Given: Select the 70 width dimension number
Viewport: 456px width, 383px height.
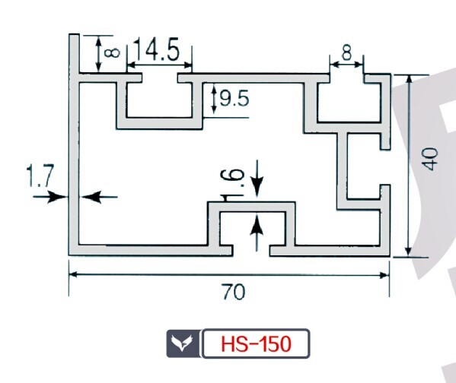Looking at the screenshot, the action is pyautogui.click(x=234, y=292).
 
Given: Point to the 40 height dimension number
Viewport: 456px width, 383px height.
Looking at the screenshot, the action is pyautogui.click(x=430, y=159).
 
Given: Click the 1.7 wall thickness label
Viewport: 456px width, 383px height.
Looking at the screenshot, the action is pyautogui.click(x=40, y=176).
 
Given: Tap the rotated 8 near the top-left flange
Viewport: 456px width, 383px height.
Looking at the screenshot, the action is pyautogui.click(x=112, y=52).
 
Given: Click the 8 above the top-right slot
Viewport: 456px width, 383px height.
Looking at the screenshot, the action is pyautogui.click(x=346, y=53).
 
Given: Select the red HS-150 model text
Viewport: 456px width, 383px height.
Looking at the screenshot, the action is pyautogui.click(x=256, y=343).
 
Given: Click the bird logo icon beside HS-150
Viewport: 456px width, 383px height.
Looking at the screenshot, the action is pyautogui.click(x=182, y=343).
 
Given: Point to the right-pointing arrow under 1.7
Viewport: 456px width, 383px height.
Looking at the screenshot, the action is pyautogui.click(x=49, y=197).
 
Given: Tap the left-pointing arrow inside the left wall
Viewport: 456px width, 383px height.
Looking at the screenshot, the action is pyautogui.click(x=99, y=197).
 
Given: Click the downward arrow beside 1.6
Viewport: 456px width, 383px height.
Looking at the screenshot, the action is pyautogui.click(x=257, y=179).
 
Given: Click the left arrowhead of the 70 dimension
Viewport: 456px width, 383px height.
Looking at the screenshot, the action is pyautogui.click(x=75, y=274).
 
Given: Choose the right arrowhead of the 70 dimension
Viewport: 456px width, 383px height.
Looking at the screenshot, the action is pyautogui.click(x=384, y=275).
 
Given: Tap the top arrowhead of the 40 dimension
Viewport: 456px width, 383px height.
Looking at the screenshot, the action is pyautogui.click(x=409, y=80).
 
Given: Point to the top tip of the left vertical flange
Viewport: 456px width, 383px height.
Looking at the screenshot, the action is pyautogui.click(x=74, y=34).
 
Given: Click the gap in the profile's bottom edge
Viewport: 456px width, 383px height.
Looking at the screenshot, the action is pyautogui.click(x=251, y=251).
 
